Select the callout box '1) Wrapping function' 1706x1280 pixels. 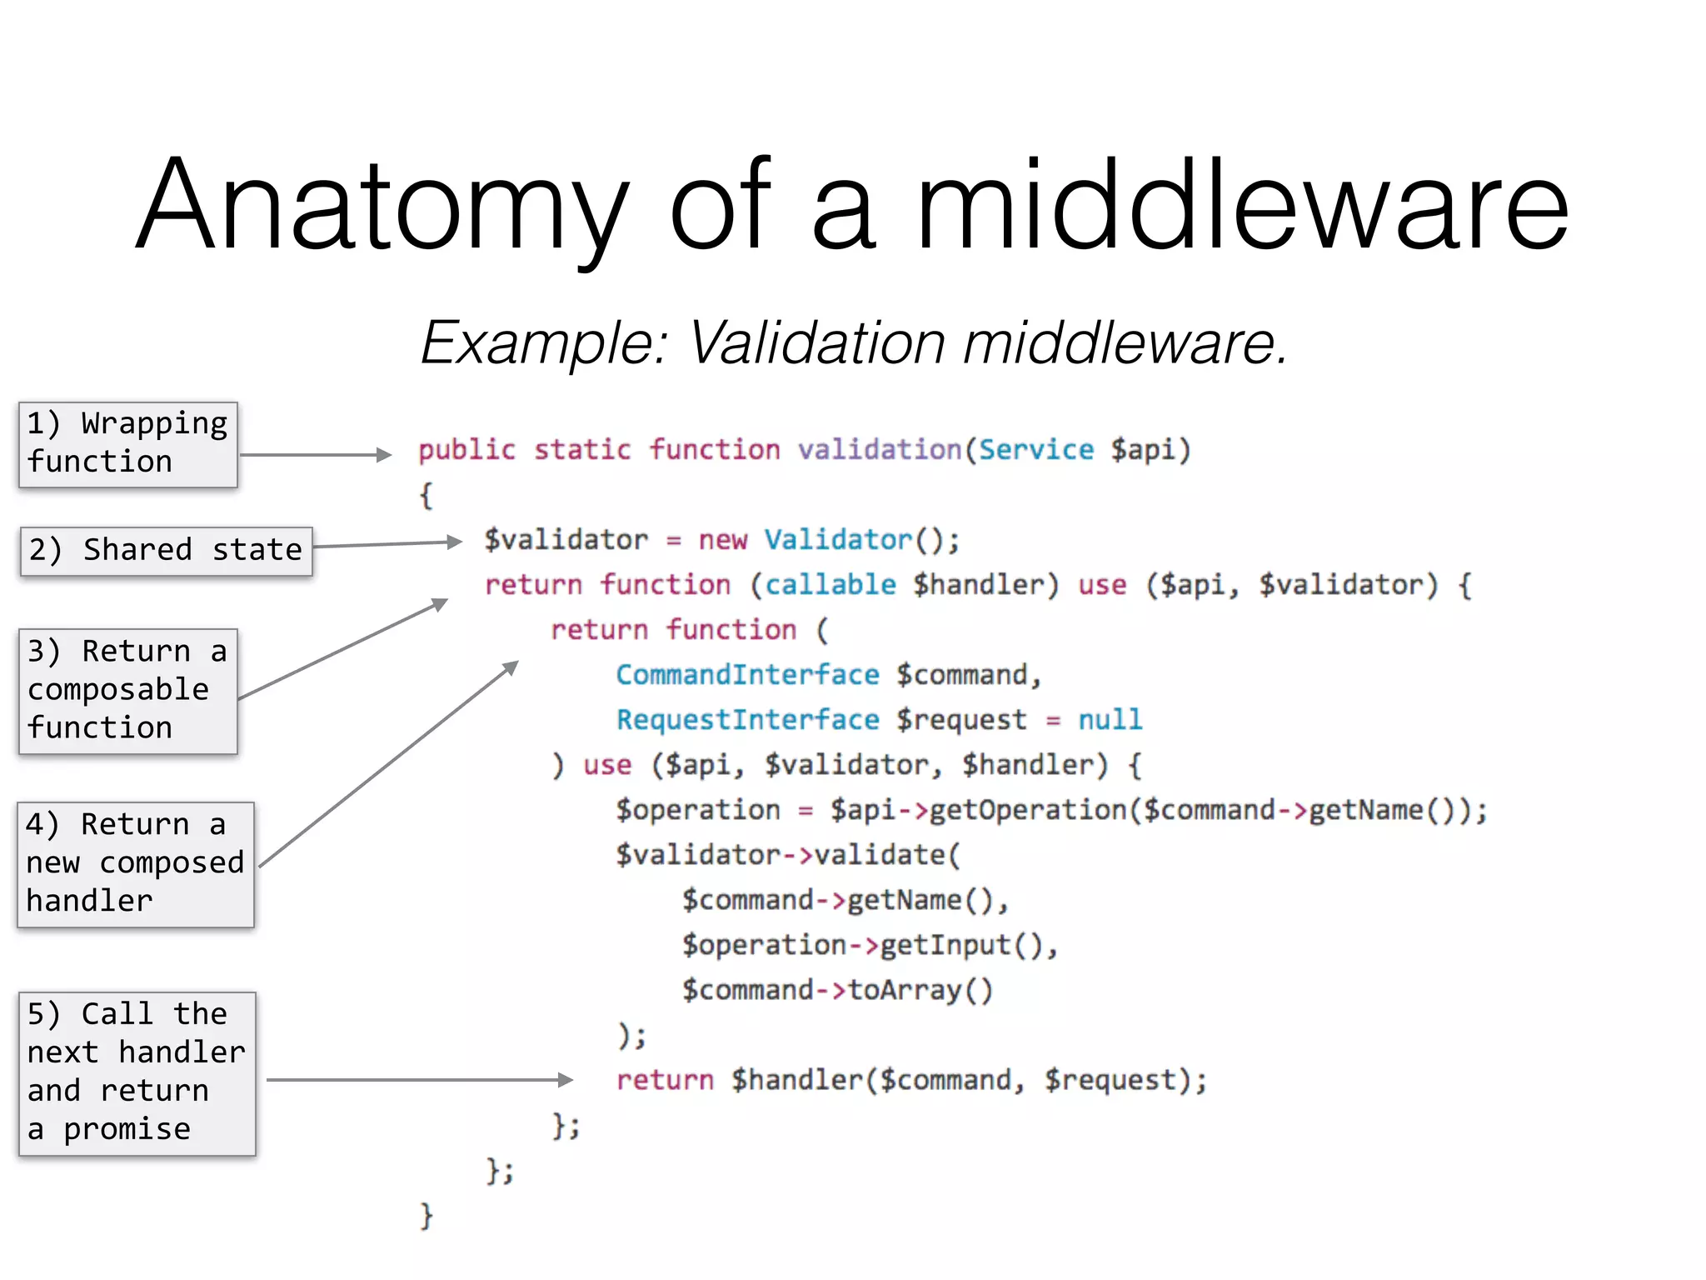pyautogui.click(x=128, y=444)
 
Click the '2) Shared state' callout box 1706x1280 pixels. pyautogui.click(x=167, y=551)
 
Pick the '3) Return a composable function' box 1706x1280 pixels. pyautogui.click(x=128, y=691)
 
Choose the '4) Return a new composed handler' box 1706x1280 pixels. pyautogui.click(x=136, y=864)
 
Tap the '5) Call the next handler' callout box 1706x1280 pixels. pyautogui.click(x=137, y=1073)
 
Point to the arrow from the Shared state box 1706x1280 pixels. pyautogui.click(x=387, y=544)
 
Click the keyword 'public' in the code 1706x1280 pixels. pyautogui.click(x=466, y=450)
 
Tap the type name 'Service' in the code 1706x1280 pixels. pyautogui.click(x=1035, y=450)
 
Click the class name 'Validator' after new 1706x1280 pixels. pyautogui.click(x=838, y=540)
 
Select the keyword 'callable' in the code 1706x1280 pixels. pyautogui.click(x=830, y=585)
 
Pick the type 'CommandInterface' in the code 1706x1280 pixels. pyautogui.click(x=747, y=675)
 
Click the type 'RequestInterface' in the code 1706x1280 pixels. pyautogui.click(x=747, y=720)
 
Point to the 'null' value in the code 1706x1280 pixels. pyautogui.click(x=1110, y=720)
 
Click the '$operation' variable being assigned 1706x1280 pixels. pyautogui.click(x=698, y=810)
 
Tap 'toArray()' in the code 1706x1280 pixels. pyautogui.click(x=920, y=990)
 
